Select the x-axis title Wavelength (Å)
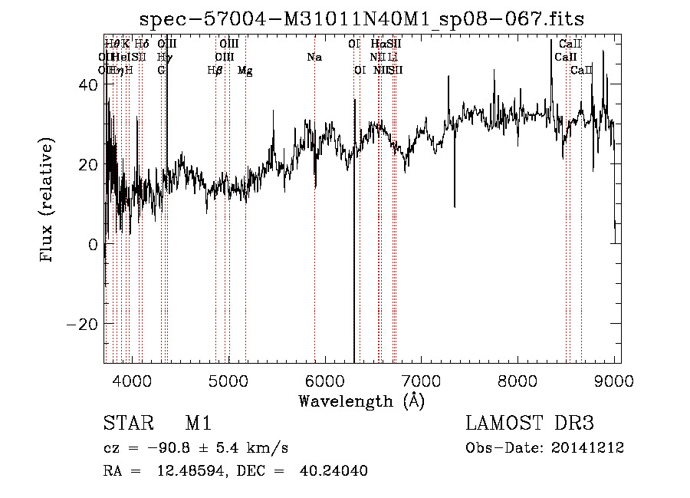coord(361,401)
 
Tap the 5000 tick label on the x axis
coord(228,381)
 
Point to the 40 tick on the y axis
coord(86,86)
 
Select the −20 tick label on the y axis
coord(81,324)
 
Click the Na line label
coord(314,58)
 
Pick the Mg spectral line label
coord(245,71)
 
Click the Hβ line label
coord(215,71)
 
